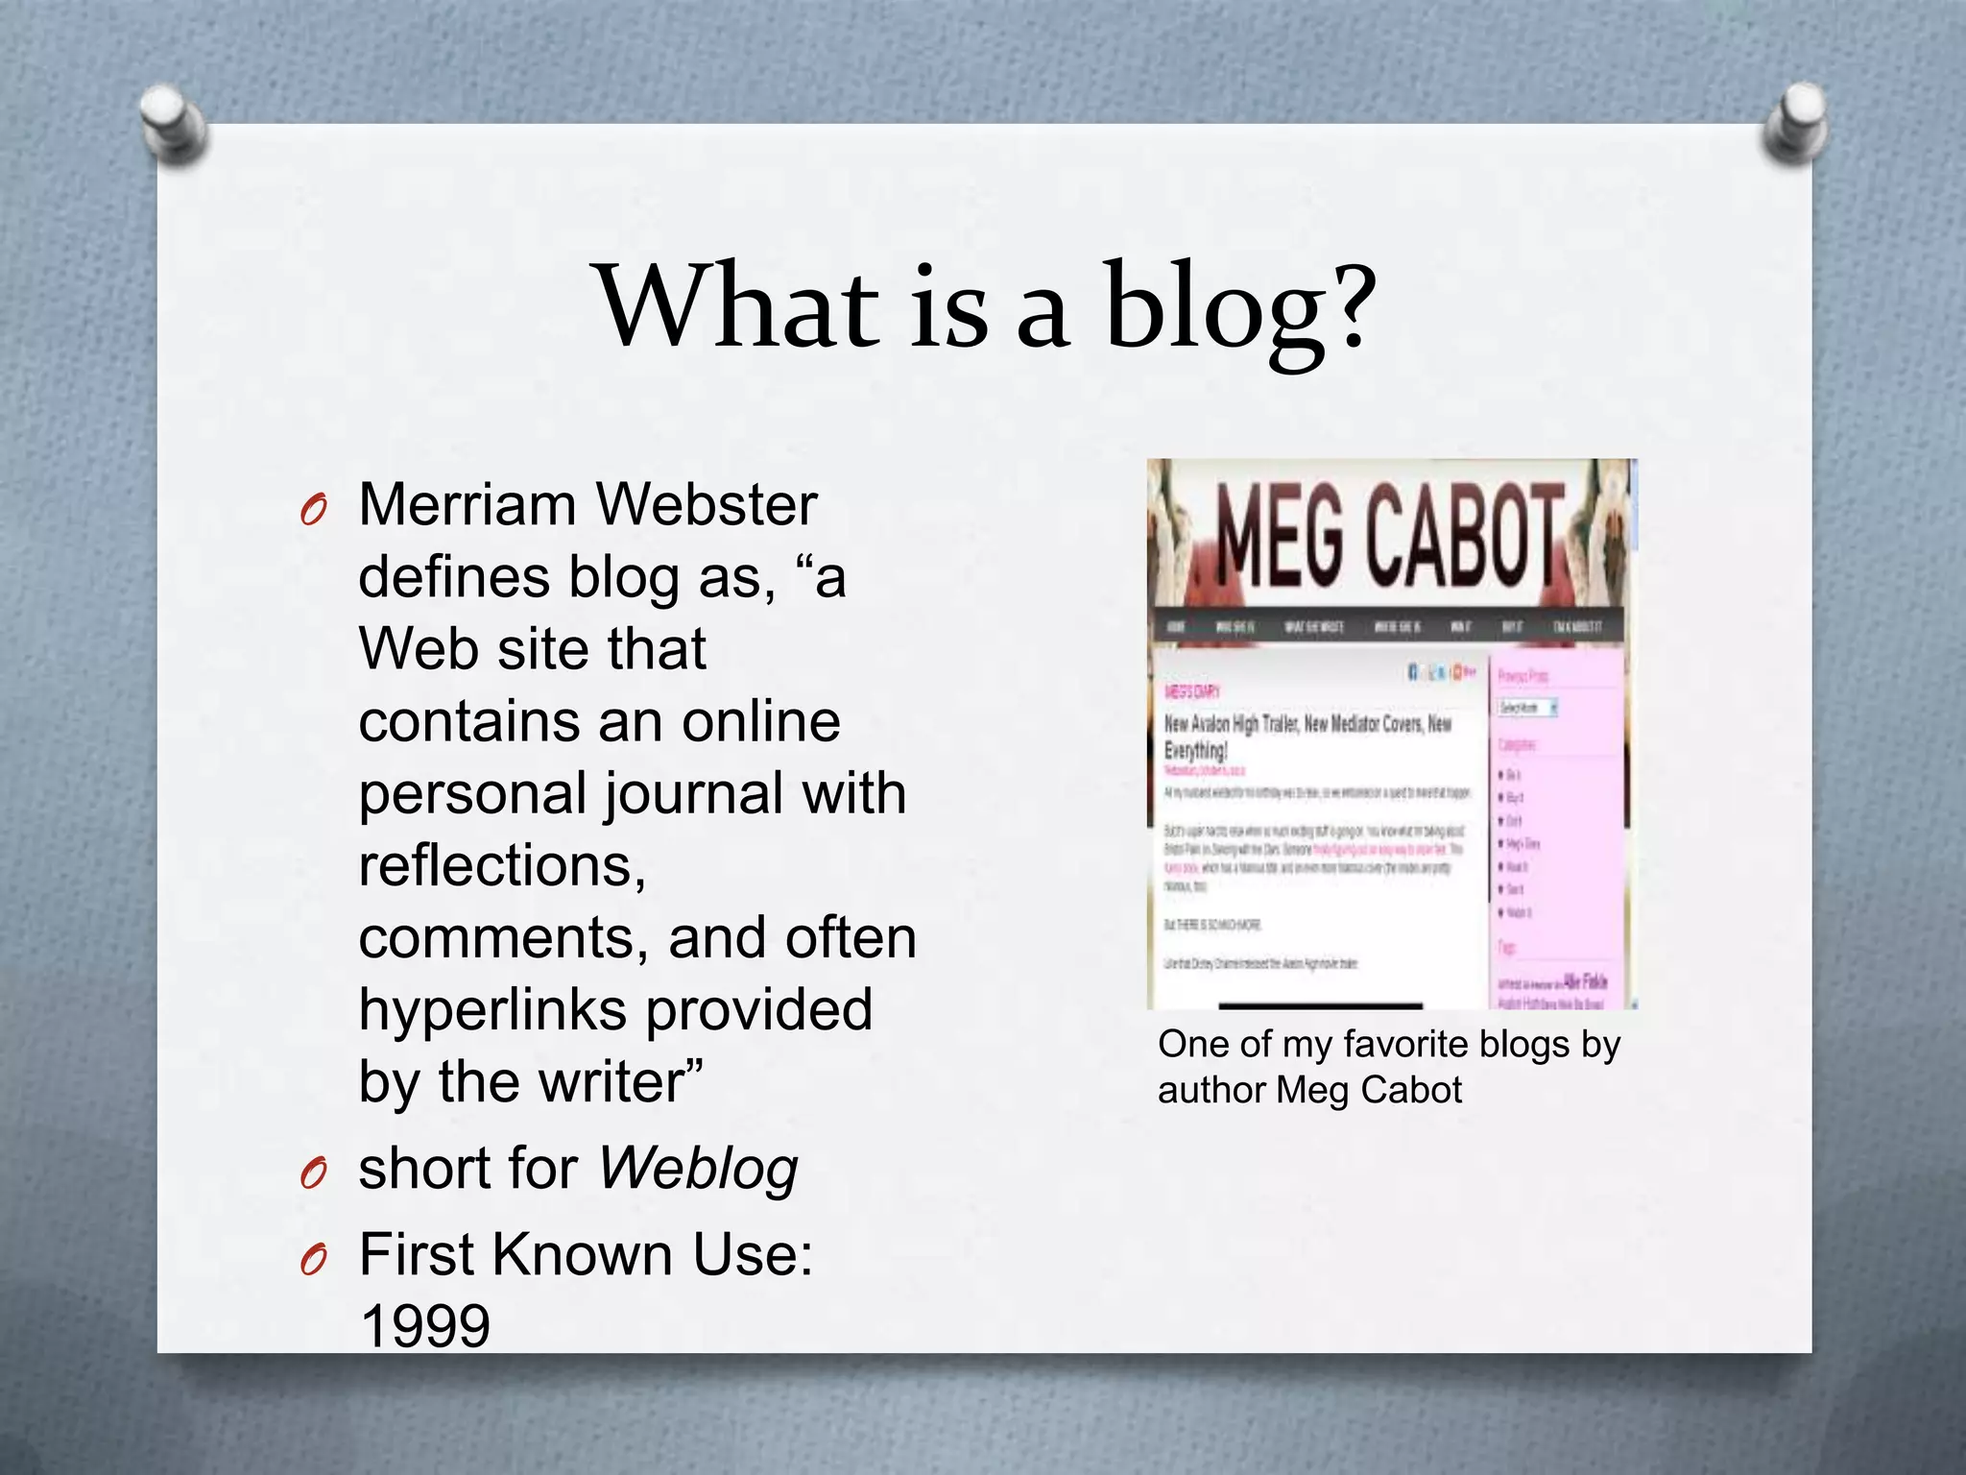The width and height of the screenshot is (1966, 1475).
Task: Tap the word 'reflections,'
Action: (502, 865)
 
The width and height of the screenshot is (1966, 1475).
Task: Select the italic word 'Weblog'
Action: (698, 1169)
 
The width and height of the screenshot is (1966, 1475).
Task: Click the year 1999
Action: (424, 1326)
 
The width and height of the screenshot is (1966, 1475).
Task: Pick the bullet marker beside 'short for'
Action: (313, 1173)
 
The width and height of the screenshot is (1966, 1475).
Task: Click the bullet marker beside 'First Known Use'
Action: (313, 1260)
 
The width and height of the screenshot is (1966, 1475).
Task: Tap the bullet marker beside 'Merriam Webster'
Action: (313, 511)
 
